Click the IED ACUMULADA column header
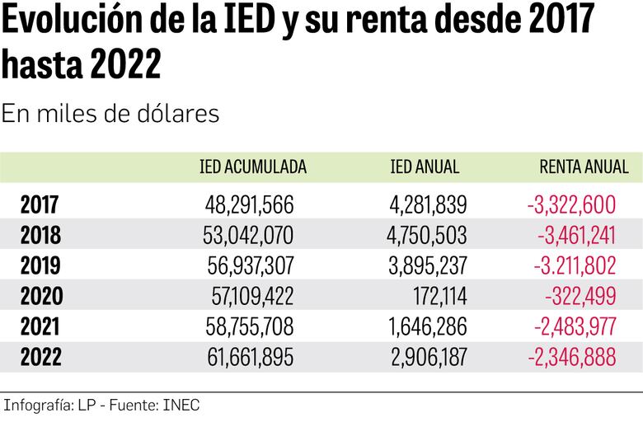point(253,167)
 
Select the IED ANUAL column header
point(425,167)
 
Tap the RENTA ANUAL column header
point(584,167)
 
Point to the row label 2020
point(40,296)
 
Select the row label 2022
point(40,357)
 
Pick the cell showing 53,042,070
point(247,236)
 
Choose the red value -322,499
point(580,296)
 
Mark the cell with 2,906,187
point(427,357)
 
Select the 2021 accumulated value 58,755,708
point(248,326)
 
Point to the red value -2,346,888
point(571,357)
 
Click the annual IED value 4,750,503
point(426,236)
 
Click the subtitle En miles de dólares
point(110,114)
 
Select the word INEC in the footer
point(181,406)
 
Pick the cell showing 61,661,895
point(249,357)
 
